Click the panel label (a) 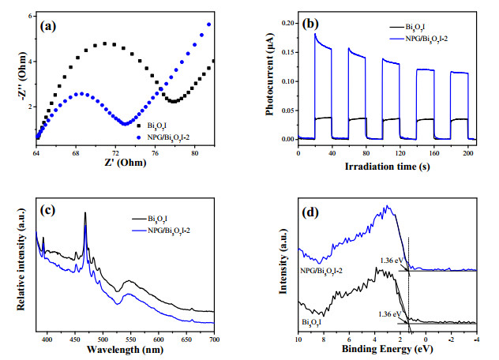click(48, 26)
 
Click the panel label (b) click(310, 24)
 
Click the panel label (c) click(47, 210)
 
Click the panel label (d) click(310, 212)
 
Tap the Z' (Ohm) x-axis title click(126, 163)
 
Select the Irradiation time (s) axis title click(388, 166)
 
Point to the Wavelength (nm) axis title click(125, 350)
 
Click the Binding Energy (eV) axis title click(388, 349)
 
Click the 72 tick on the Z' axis click(115, 153)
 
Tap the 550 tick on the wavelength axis click(130, 339)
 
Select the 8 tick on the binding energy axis click(324, 339)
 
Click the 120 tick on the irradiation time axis click(400, 153)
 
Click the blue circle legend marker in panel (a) click(139, 137)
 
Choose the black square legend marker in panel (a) click(139, 126)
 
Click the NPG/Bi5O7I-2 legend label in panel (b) click(426, 39)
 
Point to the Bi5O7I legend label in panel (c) click(158, 219)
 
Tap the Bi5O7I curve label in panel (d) click(311, 322)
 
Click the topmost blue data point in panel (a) click(209, 24)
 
